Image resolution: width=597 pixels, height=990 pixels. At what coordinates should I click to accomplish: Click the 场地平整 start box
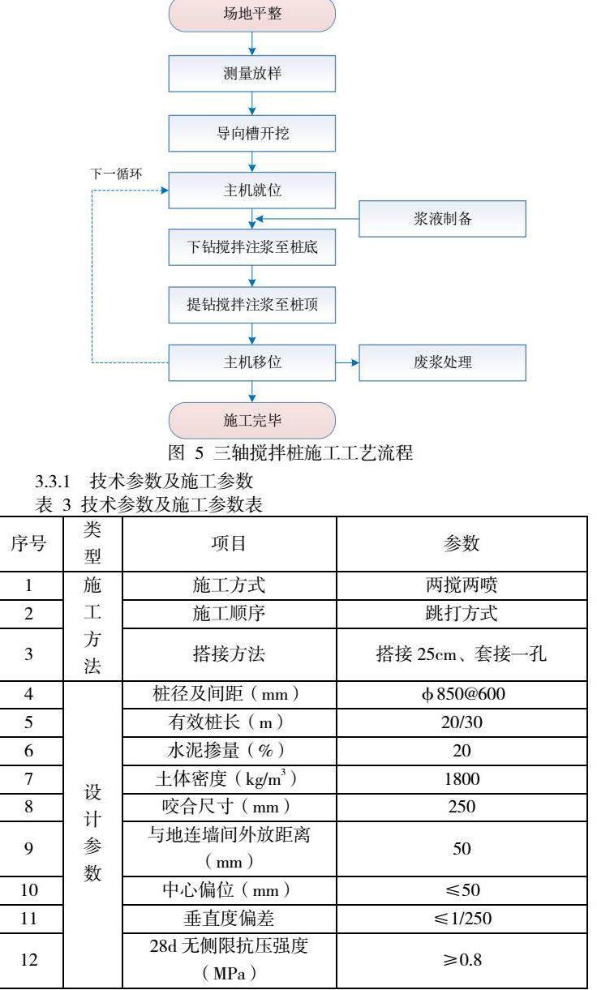coord(252,15)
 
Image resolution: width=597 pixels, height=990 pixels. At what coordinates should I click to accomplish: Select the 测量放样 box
coord(252,74)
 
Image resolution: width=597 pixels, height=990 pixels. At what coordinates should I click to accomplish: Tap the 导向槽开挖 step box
coord(252,133)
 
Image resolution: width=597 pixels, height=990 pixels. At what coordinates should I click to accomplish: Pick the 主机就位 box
coord(252,191)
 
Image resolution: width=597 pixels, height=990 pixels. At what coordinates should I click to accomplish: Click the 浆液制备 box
coord(442,219)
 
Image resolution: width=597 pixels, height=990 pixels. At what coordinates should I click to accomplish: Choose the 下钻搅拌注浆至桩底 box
coord(252,247)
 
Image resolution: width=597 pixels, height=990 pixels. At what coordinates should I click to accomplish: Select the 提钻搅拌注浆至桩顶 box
coord(252,306)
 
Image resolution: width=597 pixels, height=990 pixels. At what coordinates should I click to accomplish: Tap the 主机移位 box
coord(252,362)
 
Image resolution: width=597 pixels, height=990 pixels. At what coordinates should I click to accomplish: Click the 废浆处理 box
coord(442,362)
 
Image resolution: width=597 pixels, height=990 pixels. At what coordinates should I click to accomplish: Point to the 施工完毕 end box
coord(252,420)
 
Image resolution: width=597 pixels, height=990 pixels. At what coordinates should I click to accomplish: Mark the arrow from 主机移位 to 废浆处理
coord(347,362)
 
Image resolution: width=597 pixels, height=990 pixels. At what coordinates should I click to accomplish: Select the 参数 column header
coord(461,544)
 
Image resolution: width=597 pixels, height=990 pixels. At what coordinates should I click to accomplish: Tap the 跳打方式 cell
coord(461,614)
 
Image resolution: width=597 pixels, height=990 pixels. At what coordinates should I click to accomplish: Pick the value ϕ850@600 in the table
coord(461,695)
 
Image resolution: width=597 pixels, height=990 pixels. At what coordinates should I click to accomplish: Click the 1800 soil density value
coord(461,779)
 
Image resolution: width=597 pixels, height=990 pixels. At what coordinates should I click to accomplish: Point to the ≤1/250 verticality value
coord(461,919)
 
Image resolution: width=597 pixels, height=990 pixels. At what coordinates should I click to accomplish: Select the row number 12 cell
coord(28,960)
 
